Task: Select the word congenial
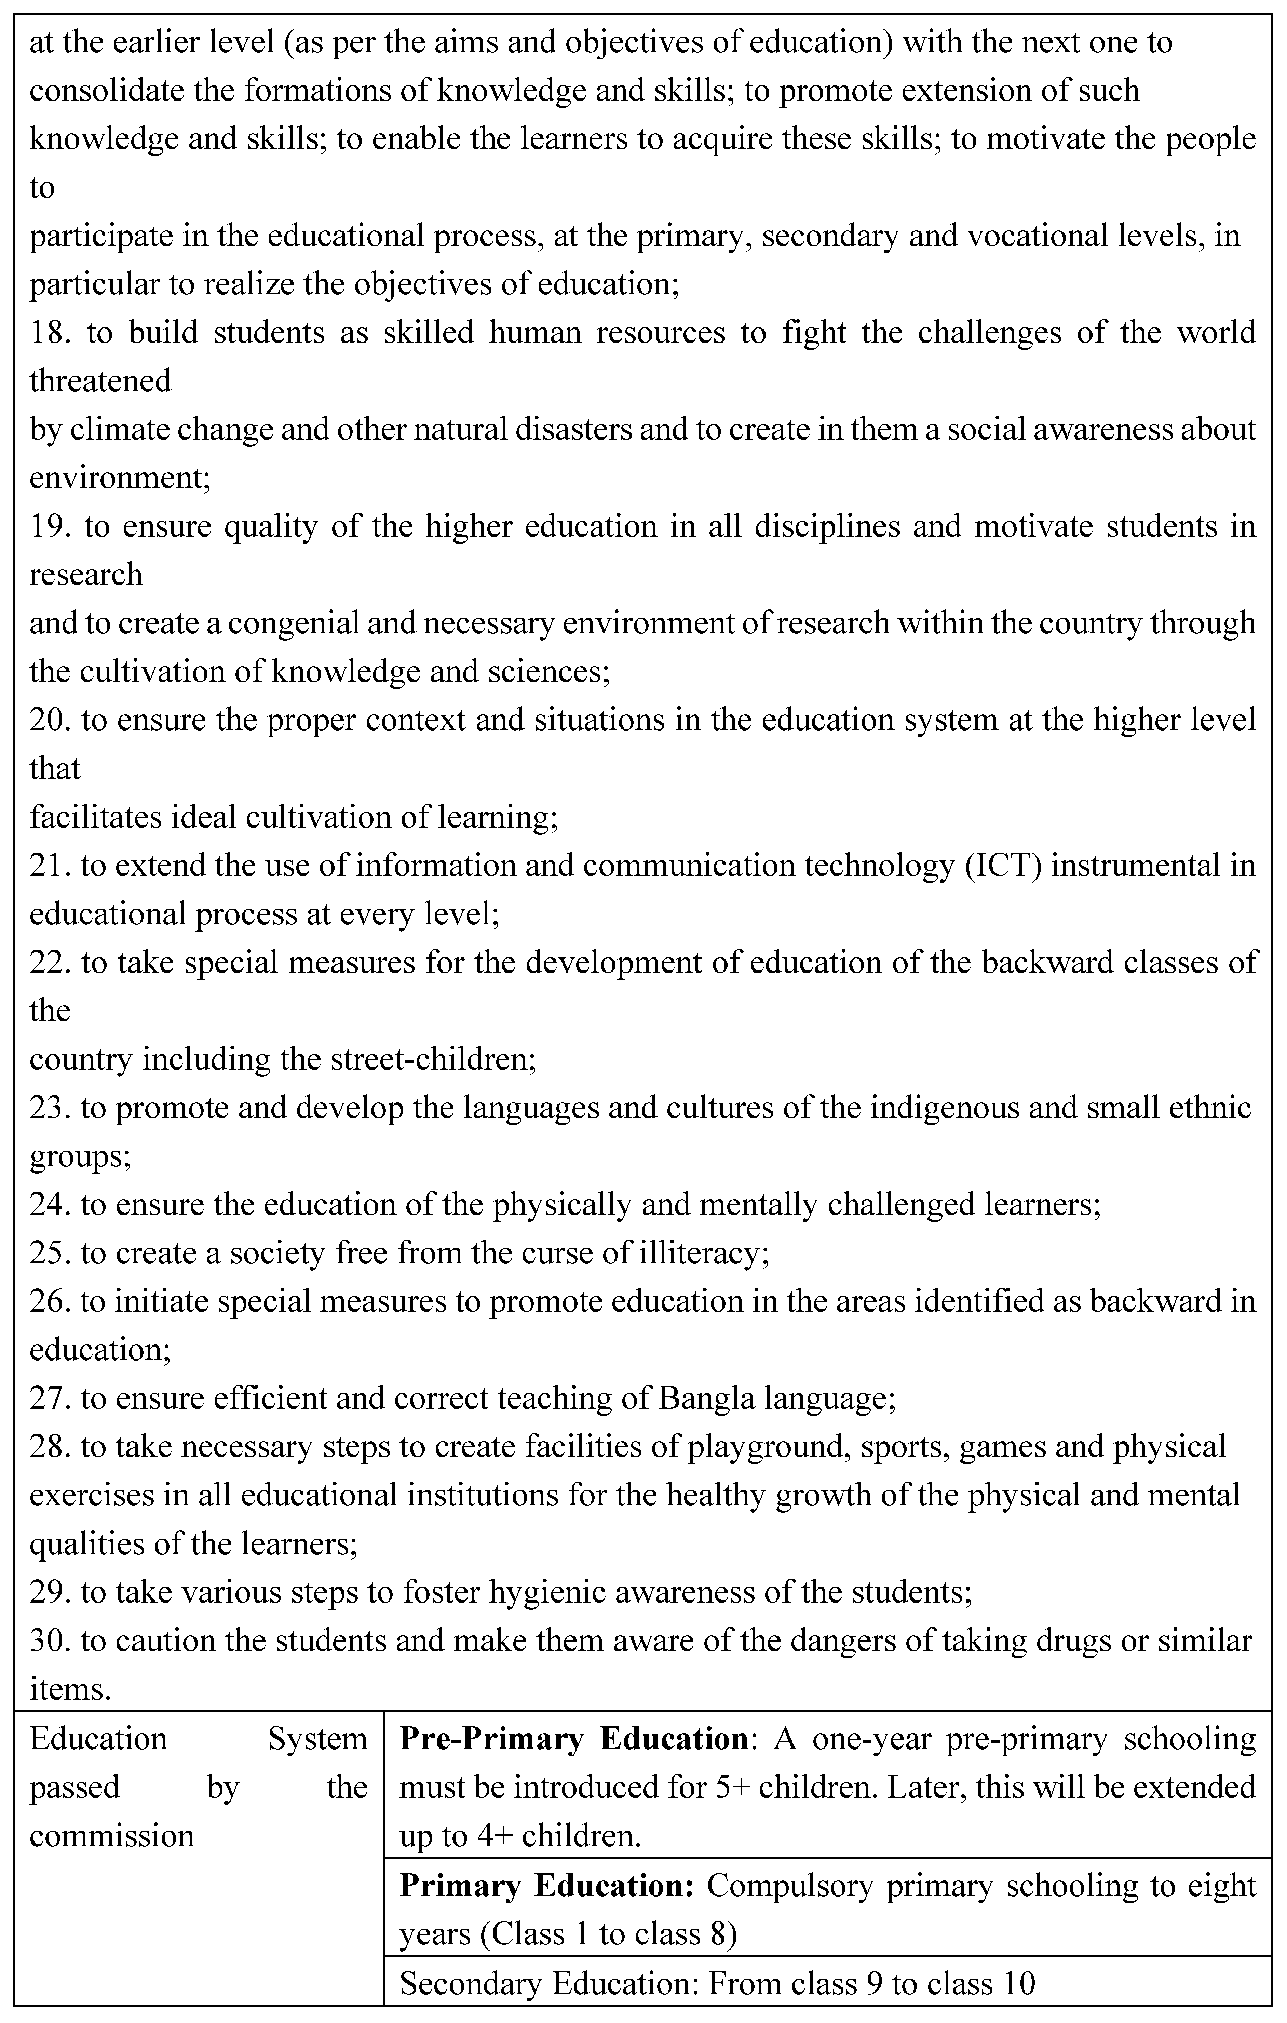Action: (x=302, y=624)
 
